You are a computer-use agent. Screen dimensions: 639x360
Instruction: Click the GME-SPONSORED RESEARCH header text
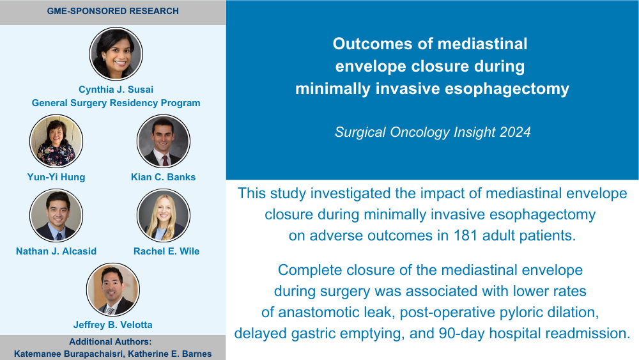(113, 11)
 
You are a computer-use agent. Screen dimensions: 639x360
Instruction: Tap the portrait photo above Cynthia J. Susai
(116, 54)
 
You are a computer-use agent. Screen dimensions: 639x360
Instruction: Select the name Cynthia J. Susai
(116, 90)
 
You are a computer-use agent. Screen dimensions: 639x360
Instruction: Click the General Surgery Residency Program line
(116, 103)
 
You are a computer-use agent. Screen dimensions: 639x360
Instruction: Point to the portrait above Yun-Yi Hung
(56, 141)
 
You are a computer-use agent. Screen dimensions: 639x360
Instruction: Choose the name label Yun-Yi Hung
(56, 177)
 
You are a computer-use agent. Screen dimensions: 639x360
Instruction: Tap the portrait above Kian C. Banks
(164, 141)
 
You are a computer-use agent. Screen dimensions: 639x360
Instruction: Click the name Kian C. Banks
(164, 177)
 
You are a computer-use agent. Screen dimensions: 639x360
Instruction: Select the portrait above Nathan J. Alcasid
(56, 215)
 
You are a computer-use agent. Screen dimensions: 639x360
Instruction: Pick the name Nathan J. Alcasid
(56, 251)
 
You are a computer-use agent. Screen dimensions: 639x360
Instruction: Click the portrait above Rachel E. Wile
(164, 215)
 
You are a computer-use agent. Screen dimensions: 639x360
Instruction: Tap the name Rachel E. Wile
(167, 251)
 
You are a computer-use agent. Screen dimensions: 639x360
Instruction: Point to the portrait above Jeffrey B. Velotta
(113, 290)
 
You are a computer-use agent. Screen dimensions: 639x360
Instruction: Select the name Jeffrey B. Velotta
(113, 325)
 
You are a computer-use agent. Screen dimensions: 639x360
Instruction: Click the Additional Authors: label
(110, 341)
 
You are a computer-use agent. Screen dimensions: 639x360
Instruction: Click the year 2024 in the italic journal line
(515, 132)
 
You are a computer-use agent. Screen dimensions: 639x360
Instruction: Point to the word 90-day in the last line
(462, 334)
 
